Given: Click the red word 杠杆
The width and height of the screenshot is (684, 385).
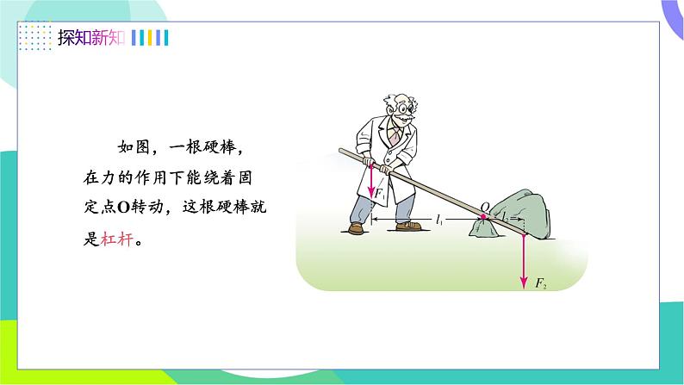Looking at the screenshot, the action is click(117, 239).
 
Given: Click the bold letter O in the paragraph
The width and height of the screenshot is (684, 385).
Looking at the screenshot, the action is click(124, 208).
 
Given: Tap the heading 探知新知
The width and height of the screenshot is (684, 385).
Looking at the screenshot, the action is click(91, 38).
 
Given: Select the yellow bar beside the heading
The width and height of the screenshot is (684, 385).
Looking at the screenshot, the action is click(150, 38).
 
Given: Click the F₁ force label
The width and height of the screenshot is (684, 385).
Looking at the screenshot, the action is click(380, 194).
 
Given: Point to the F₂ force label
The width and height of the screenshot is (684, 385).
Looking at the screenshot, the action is click(541, 283).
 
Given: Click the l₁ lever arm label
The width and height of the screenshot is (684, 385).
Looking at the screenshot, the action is click(439, 220).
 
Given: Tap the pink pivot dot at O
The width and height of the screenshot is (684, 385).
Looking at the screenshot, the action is click(483, 217).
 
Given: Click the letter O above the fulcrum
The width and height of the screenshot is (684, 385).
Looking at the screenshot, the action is click(485, 207).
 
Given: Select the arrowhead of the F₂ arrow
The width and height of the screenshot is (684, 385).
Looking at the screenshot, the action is click(524, 283).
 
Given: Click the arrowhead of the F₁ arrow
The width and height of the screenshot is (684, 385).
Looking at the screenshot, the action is click(370, 192).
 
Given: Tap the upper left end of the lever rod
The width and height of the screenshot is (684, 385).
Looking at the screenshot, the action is click(340, 151).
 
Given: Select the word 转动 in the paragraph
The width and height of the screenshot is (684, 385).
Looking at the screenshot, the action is click(147, 207).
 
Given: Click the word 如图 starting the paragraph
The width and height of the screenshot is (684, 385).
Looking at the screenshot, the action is click(134, 147).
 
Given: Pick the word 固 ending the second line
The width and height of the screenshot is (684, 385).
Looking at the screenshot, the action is click(246, 177).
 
